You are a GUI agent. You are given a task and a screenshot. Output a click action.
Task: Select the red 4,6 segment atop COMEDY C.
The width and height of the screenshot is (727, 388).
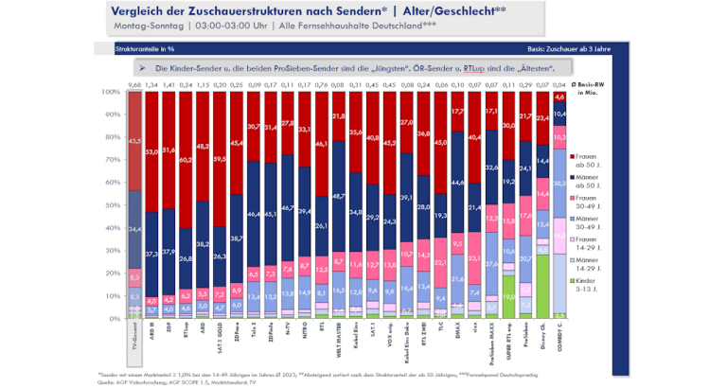point(560,97)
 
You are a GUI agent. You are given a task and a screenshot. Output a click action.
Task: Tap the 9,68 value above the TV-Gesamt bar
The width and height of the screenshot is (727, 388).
point(133,85)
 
